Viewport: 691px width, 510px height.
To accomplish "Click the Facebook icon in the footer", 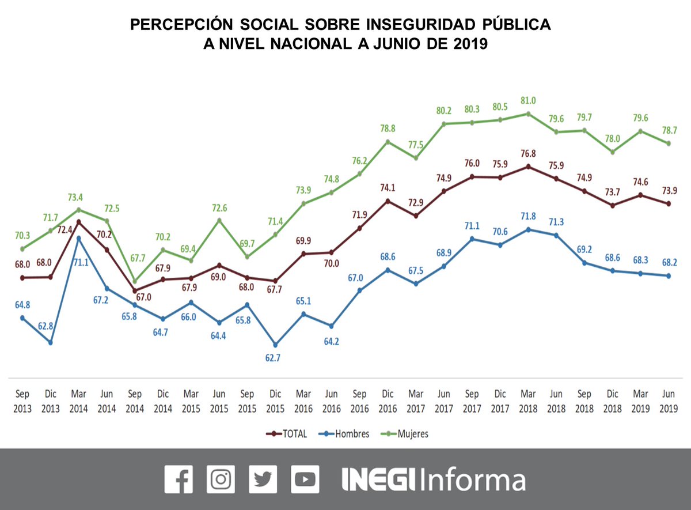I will click(x=179, y=479).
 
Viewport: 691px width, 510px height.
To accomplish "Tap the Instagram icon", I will click(x=221, y=479).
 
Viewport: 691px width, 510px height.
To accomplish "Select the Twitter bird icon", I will click(x=263, y=479).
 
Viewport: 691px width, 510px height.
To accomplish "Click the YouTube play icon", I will click(x=305, y=479).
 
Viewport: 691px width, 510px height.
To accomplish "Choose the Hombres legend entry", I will click(x=345, y=433).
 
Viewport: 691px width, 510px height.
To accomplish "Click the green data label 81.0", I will click(x=527, y=100).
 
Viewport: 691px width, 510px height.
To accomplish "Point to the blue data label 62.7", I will click(x=275, y=358).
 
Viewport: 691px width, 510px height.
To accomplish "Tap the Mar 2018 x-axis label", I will click(x=527, y=402).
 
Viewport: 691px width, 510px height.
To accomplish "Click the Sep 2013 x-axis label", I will click(x=23, y=402).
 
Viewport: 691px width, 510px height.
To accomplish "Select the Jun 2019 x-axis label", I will click(x=668, y=402).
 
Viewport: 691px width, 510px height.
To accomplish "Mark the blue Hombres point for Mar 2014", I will click(x=79, y=237).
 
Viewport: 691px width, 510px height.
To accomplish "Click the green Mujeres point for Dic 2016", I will click(x=388, y=141).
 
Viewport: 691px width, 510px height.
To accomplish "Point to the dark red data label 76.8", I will click(x=527, y=153).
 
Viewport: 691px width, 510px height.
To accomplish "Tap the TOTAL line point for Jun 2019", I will click(x=669, y=203).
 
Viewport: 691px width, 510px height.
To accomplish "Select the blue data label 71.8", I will click(x=527, y=216).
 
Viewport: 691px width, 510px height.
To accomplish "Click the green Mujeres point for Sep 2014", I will click(x=135, y=281).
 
